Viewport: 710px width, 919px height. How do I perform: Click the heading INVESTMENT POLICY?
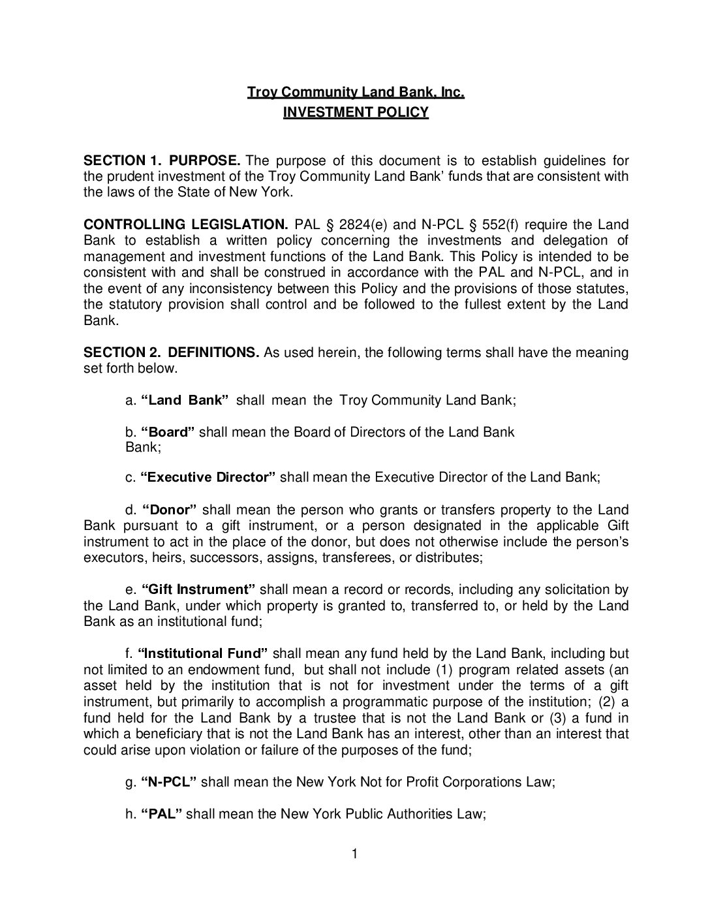click(x=355, y=112)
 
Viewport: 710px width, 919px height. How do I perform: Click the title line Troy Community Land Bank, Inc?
click(x=355, y=93)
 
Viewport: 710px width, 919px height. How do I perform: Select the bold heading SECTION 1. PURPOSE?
click(x=162, y=161)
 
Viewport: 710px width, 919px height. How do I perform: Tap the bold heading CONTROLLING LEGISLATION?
click(x=185, y=225)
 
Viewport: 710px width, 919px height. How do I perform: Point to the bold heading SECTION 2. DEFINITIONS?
click(x=172, y=352)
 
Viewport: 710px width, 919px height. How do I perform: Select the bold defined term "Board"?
click(x=168, y=432)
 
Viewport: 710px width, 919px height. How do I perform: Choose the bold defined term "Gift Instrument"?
click(x=198, y=590)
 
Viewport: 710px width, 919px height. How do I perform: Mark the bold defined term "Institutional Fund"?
click(x=203, y=653)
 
